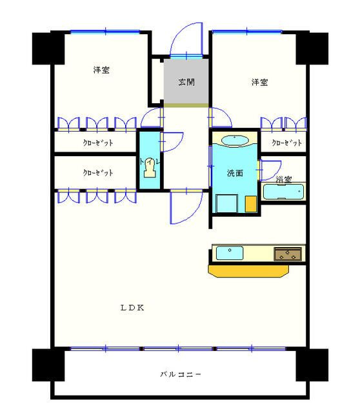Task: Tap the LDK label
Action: (132, 308)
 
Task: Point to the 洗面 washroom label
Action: (234, 173)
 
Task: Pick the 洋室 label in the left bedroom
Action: (101, 70)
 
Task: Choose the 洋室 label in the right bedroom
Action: (260, 83)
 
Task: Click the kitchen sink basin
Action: (228, 253)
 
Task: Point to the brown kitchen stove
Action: (288, 254)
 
